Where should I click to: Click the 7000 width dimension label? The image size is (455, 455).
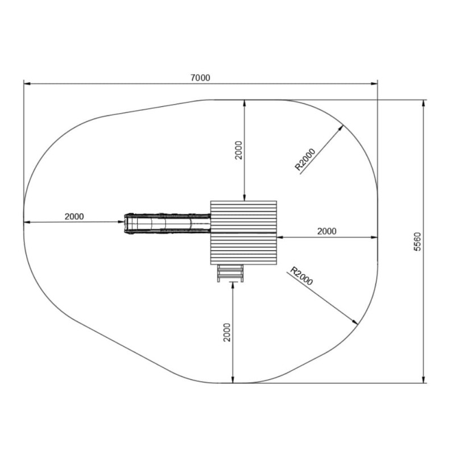click(200, 78)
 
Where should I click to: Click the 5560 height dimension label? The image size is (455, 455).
click(417, 241)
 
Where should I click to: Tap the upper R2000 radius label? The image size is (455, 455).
click(305, 159)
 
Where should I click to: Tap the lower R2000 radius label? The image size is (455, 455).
click(302, 276)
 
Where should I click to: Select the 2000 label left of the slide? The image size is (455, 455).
click(74, 217)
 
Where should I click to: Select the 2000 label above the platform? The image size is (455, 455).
click(238, 150)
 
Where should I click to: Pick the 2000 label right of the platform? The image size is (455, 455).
click(326, 231)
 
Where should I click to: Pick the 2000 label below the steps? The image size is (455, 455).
click(227, 332)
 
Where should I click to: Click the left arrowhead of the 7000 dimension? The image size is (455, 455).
click(27, 84)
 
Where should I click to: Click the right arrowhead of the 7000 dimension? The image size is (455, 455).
click(374, 84)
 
